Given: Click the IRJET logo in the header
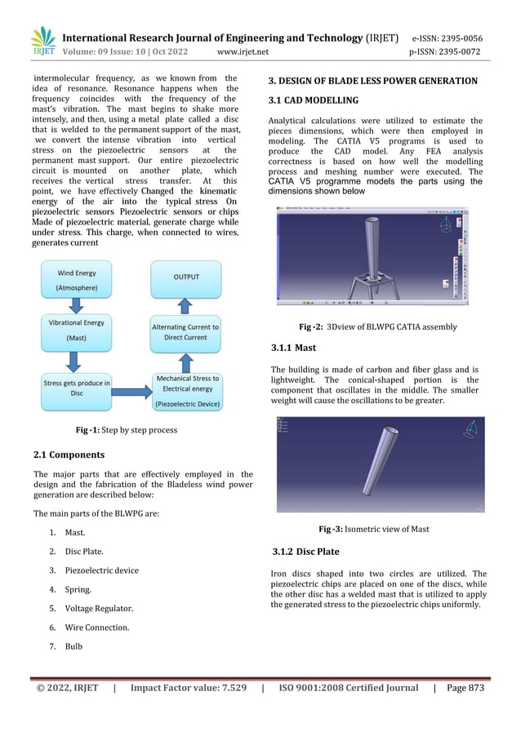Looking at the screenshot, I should tap(42, 43).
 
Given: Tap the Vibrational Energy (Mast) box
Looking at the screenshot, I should tap(76, 330).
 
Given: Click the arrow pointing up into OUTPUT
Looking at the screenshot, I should tap(186, 305).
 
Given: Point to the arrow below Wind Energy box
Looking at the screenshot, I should tap(75, 306).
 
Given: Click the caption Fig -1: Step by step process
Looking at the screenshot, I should tap(126, 429).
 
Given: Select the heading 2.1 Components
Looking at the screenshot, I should tap(69, 454).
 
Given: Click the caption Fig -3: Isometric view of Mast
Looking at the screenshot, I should tap(373, 529).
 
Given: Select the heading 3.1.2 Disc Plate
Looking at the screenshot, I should tap(305, 552).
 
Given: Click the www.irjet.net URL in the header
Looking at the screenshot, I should tap(243, 53).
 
